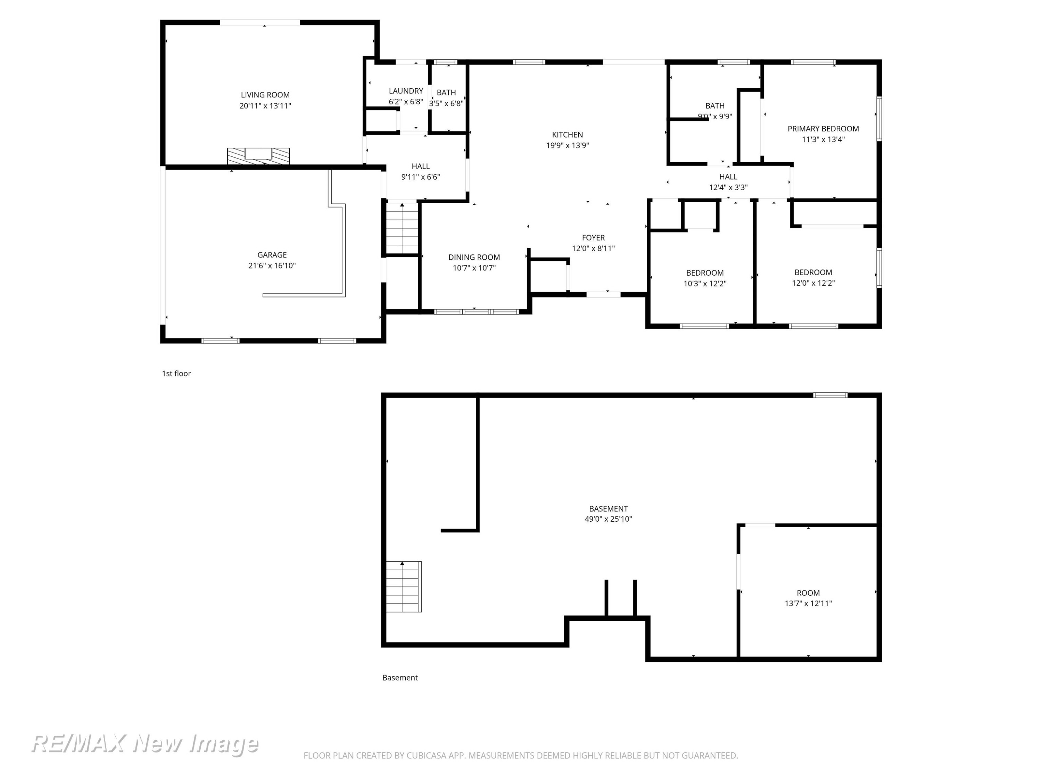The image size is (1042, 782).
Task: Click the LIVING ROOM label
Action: pyautogui.click(x=265, y=95)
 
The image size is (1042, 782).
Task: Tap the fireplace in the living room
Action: pyautogui.click(x=258, y=156)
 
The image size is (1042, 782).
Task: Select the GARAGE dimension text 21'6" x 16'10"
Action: pyautogui.click(x=272, y=266)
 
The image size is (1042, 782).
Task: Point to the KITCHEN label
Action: pyautogui.click(x=567, y=135)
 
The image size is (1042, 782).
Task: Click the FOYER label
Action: pyautogui.click(x=593, y=238)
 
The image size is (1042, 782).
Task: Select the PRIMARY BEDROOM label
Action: pyautogui.click(x=823, y=129)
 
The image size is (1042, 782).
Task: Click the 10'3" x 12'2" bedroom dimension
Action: pyautogui.click(x=705, y=284)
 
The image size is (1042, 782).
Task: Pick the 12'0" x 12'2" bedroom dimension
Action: pyautogui.click(x=813, y=283)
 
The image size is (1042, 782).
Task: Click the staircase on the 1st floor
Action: pyautogui.click(x=402, y=229)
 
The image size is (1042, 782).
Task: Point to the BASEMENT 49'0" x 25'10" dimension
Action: pyautogui.click(x=608, y=519)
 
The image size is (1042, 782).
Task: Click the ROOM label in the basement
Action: pyautogui.click(x=808, y=593)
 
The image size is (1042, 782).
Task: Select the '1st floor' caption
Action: pyautogui.click(x=176, y=373)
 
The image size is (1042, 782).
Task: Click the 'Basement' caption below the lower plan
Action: pyautogui.click(x=400, y=677)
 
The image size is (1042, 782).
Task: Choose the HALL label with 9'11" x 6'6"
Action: pyautogui.click(x=420, y=166)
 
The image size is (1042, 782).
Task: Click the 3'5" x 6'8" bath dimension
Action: pyautogui.click(x=446, y=104)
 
